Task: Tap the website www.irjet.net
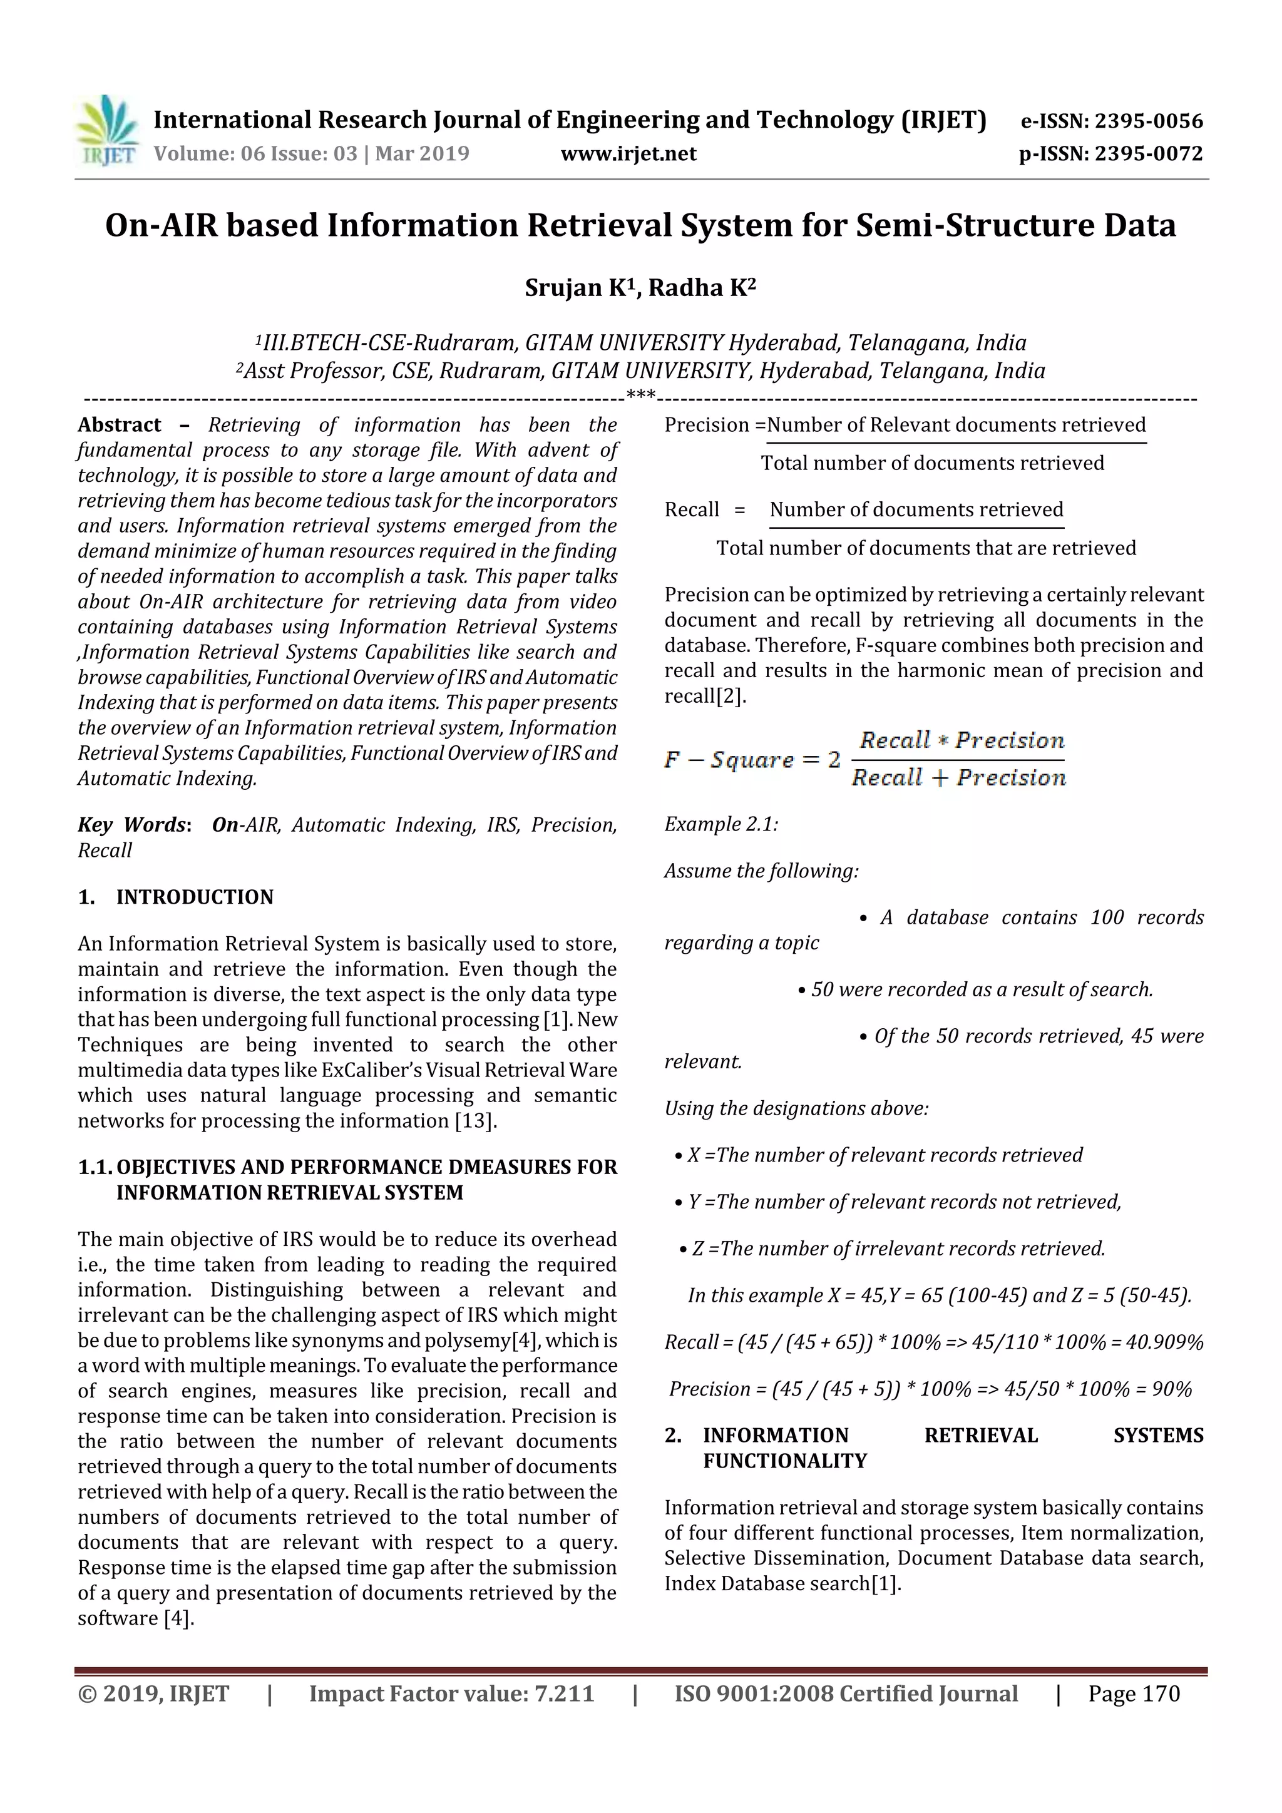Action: click(628, 153)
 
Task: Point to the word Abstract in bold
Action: click(120, 425)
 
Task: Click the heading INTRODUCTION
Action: click(194, 896)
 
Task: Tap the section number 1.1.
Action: click(95, 1167)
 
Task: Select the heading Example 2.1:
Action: click(720, 824)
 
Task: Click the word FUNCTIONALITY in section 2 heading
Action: click(784, 1460)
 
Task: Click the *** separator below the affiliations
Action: click(640, 395)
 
